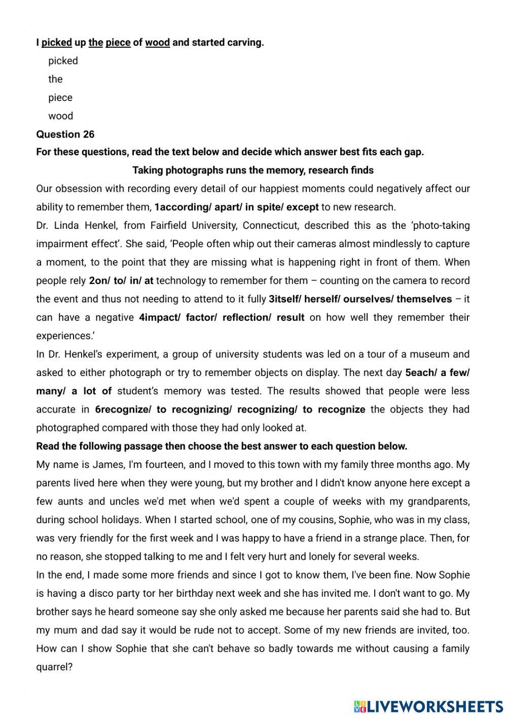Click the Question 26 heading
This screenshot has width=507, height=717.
tap(65, 134)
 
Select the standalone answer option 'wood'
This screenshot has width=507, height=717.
tap(61, 116)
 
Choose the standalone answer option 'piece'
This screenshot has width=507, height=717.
tap(60, 98)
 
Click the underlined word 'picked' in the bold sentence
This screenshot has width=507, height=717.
tap(56, 43)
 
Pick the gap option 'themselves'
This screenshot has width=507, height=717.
tap(424, 299)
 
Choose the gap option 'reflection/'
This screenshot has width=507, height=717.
tap(247, 318)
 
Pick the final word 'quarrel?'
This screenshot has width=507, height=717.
tap(54, 667)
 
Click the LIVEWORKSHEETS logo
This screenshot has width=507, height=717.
tap(428, 706)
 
